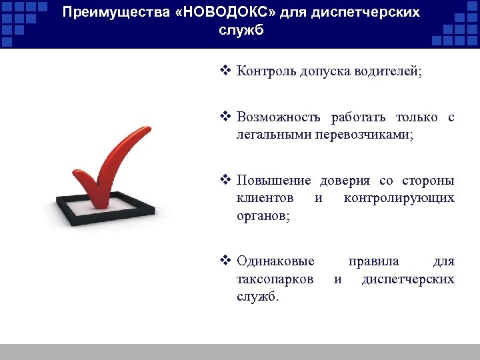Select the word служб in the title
click(x=240, y=31)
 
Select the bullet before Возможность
click(x=225, y=117)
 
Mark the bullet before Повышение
click(x=225, y=180)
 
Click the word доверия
click(x=346, y=181)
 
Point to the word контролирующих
click(x=399, y=198)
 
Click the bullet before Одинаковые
click(x=225, y=261)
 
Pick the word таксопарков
click(x=275, y=279)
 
